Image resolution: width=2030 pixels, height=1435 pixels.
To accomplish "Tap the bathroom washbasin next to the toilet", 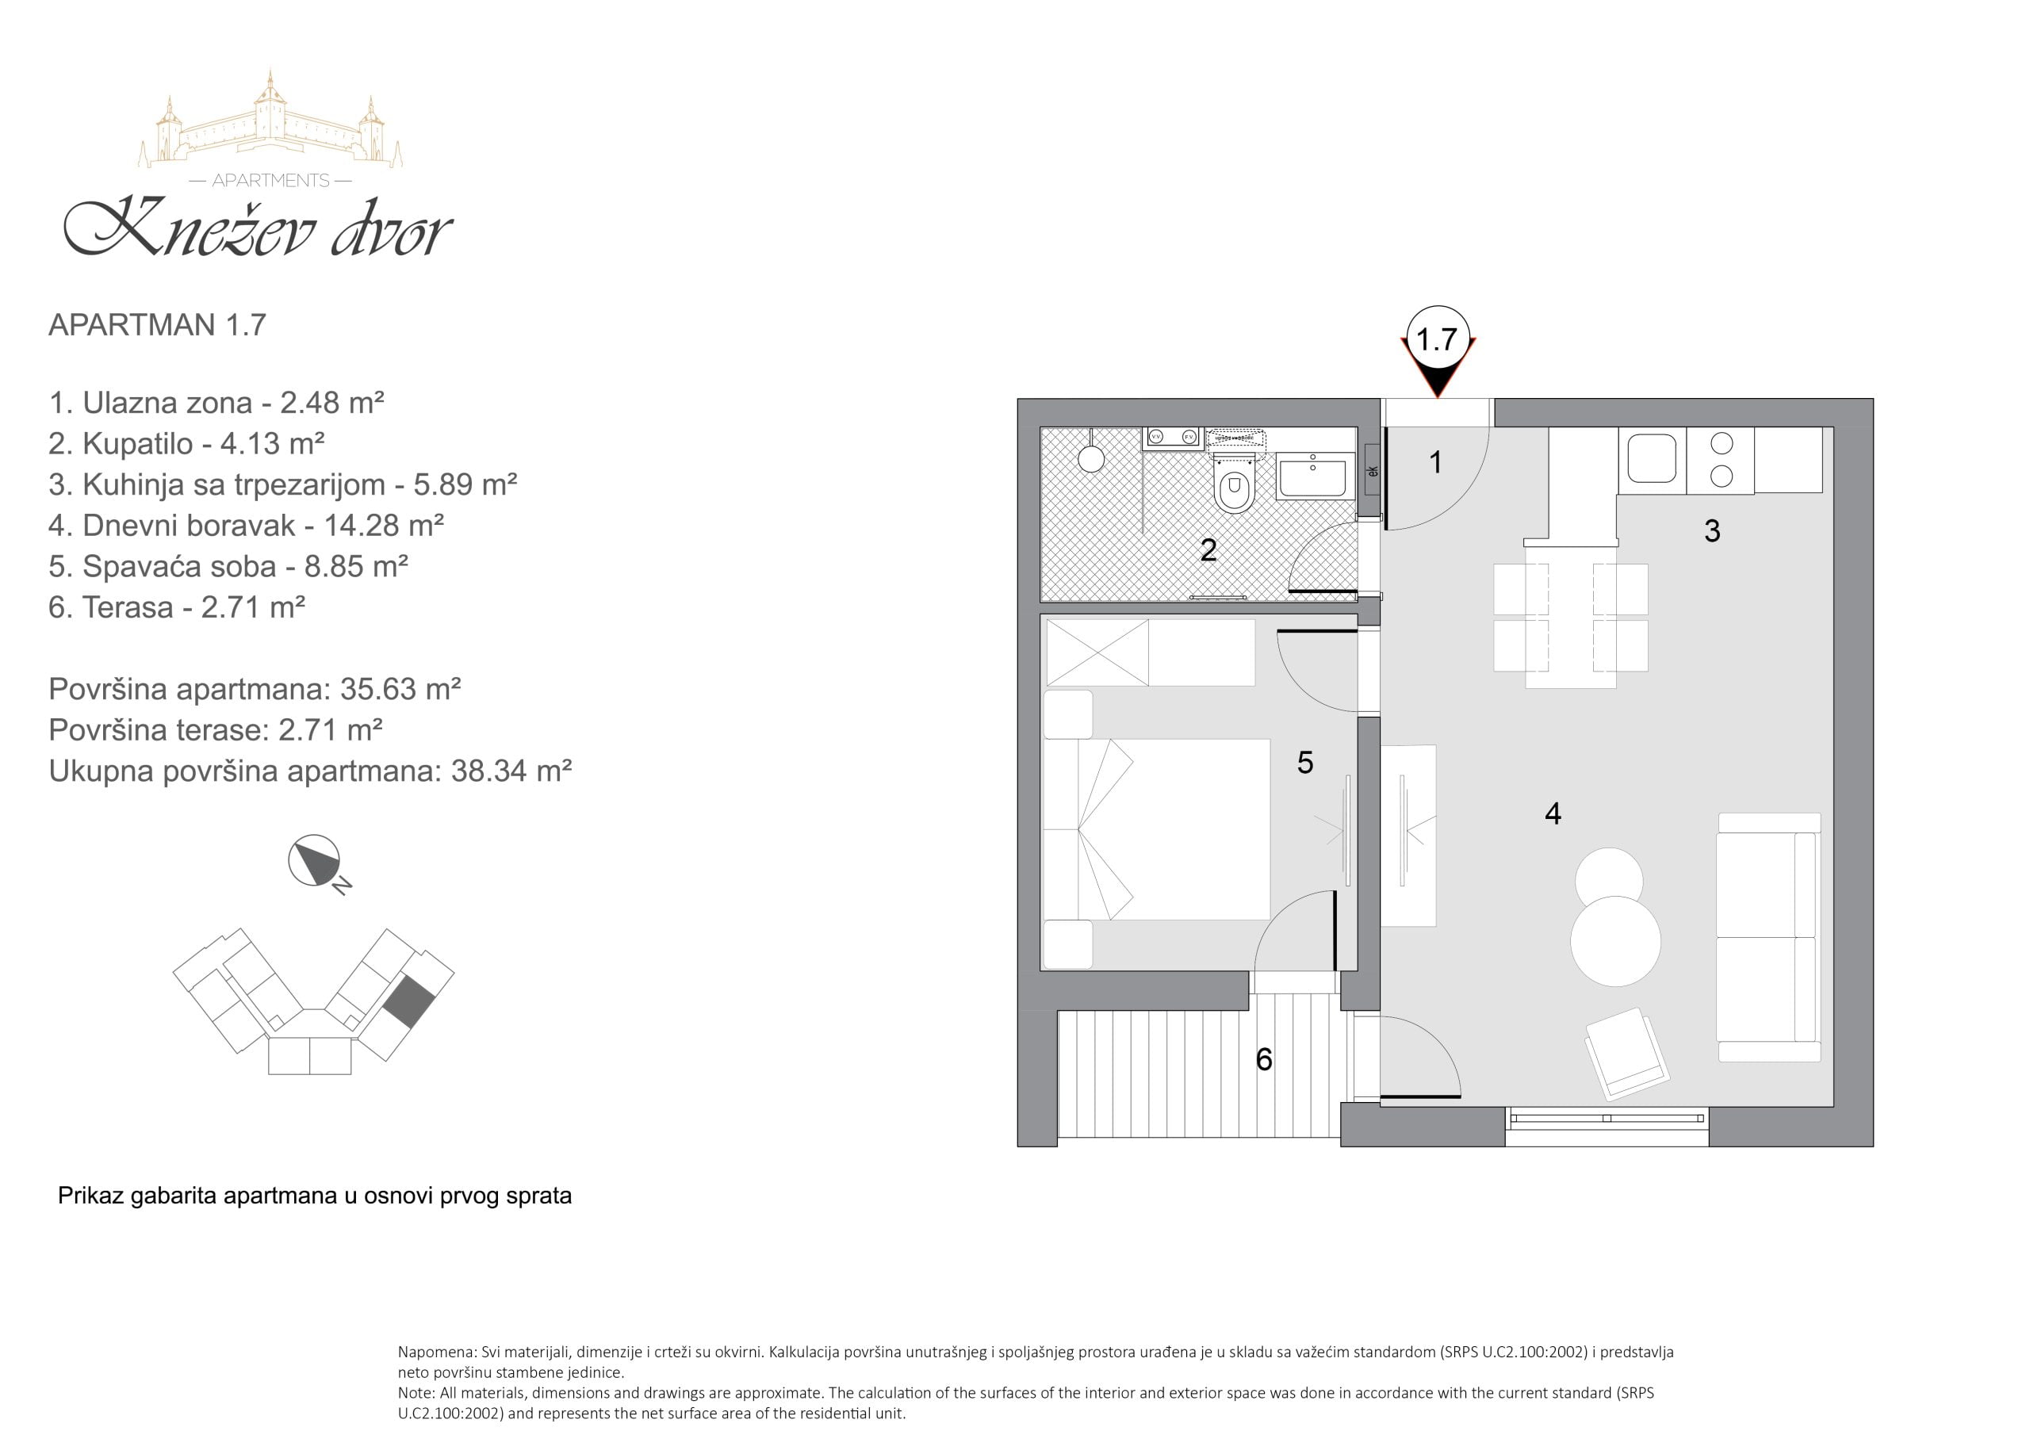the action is tap(1315, 476).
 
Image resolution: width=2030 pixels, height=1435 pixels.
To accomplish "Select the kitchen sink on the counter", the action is tap(1652, 457).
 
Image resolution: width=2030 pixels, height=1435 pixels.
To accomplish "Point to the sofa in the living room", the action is tap(1768, 936).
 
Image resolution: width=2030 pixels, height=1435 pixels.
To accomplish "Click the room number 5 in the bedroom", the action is tap(1305, 762).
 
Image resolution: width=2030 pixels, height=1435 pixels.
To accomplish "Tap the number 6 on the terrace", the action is tap(1264, 1059).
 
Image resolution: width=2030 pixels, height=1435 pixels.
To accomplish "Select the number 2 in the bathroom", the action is tap(1208, 550).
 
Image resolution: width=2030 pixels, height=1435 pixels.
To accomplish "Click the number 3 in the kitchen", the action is tap(1712, 530).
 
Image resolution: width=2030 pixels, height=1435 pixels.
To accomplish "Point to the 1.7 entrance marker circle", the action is tap(1438, 339).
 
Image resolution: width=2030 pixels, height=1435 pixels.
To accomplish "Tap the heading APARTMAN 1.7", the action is tap(157, 324).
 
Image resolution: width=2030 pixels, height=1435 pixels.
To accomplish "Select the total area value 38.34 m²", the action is tap(511, 771).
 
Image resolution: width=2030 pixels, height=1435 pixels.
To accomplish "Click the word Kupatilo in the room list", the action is tap(138, 443).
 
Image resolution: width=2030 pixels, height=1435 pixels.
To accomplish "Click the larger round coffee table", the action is tap(1615, 941).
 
